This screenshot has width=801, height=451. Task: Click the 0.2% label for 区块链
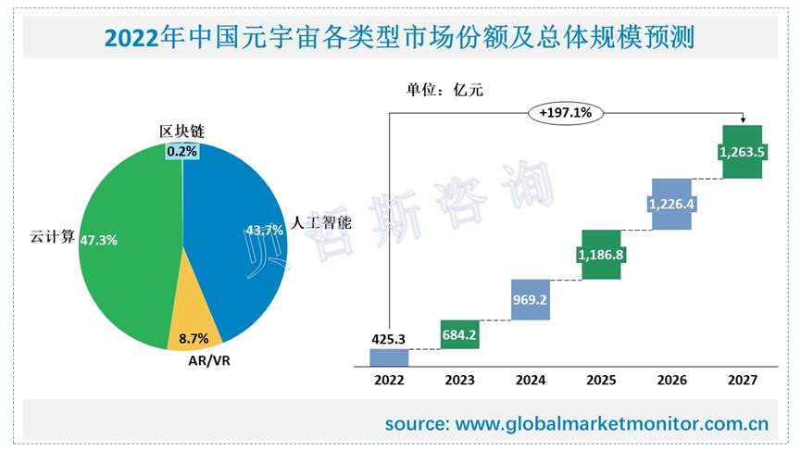pos(181,151)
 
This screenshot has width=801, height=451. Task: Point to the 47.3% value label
pos(99,240)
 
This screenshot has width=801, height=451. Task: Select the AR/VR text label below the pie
pos(203,360)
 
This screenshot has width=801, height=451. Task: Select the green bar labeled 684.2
pos(459,334)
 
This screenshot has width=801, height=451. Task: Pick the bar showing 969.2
pos(531,299)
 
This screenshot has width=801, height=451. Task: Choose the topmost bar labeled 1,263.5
pos(741,151)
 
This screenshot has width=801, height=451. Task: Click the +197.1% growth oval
pos(566,113)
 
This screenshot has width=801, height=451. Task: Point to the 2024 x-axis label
pos(531,380)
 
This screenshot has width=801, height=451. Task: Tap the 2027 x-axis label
pos(742,380)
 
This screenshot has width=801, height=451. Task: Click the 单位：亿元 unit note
pos(444,90)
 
